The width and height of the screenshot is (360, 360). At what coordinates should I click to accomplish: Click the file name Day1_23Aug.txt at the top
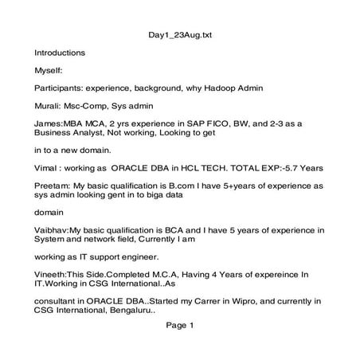(181, 35)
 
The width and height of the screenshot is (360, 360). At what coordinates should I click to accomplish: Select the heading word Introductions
(59, 53)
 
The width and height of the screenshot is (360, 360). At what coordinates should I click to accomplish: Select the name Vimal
(47, 169)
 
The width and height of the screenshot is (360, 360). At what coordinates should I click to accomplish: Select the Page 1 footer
(181, 325)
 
